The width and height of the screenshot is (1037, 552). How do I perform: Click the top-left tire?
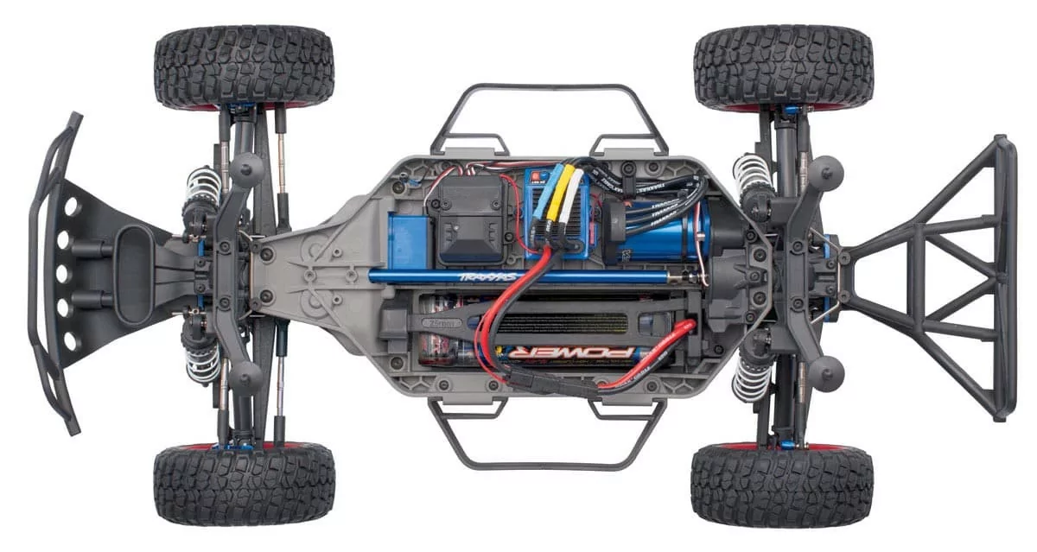[x=244, y=67]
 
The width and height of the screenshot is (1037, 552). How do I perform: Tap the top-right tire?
[x=783, y=67]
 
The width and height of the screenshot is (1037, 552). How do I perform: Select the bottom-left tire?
[x=244, y=485]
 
